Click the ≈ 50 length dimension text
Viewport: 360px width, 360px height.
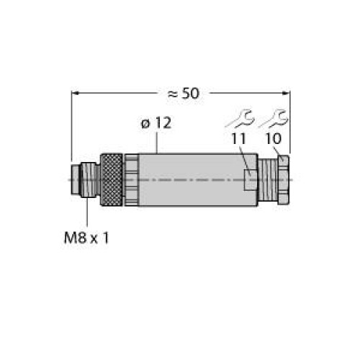(x=184, y=94)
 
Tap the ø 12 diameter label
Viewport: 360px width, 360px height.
(x=156, y=123)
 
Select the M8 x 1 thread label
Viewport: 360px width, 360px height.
(x=86, y=238)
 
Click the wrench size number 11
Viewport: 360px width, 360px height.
(x=239, y=138)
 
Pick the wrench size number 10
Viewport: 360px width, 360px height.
(x=274, y=138)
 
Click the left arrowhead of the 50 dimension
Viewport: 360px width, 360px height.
(x=76, y=93)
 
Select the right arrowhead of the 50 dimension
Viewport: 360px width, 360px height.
(x=287, y=93)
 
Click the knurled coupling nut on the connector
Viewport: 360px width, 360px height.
(x=112, y=180)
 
